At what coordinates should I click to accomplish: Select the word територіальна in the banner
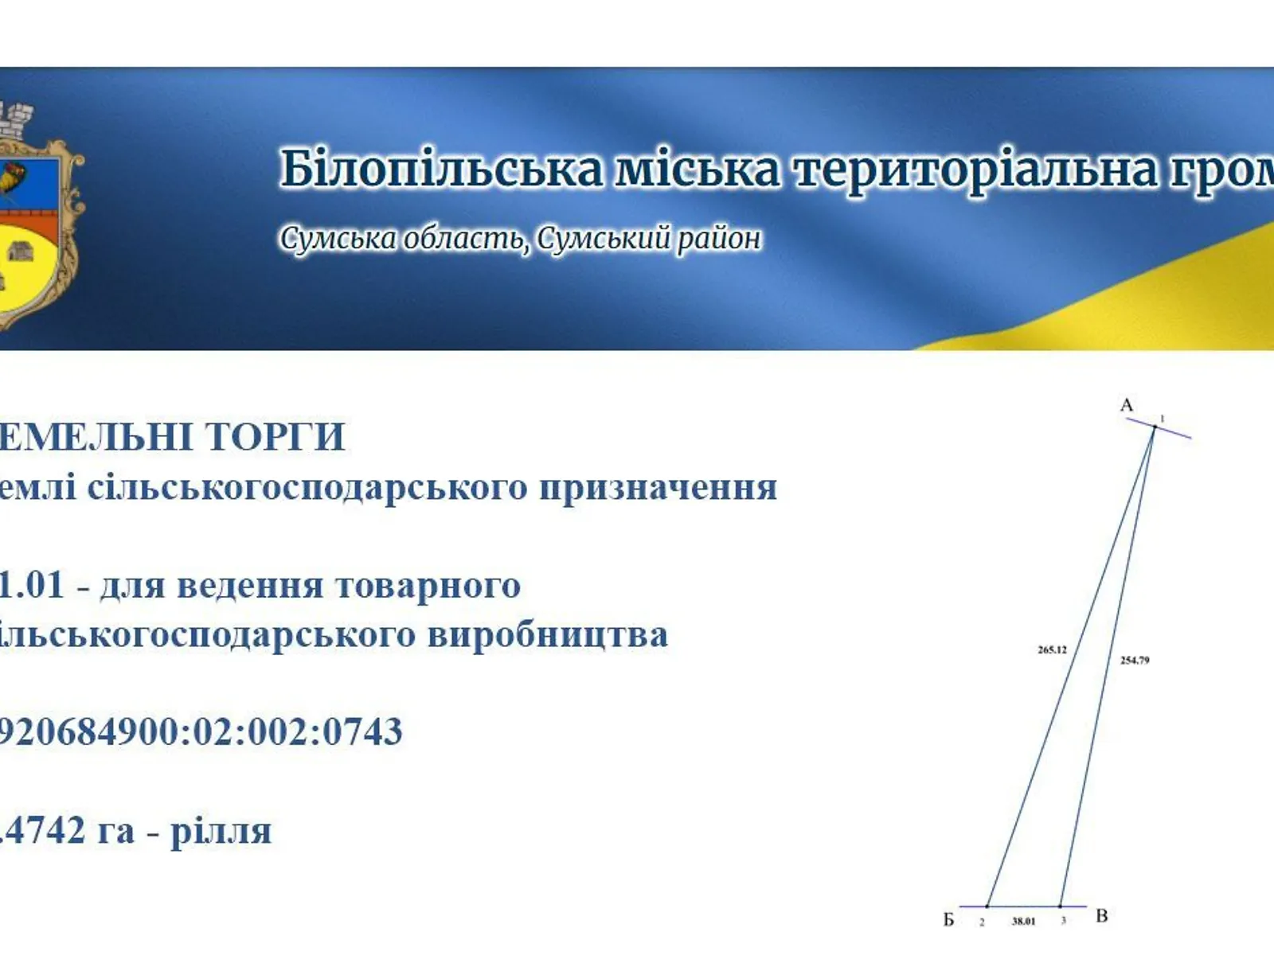coord(975,170)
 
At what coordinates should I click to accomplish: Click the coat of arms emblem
coord(36,219)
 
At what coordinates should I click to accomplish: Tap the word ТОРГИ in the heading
coord(275,437)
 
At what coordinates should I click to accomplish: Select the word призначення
coord(658,487)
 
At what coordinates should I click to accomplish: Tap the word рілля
coord(221,832)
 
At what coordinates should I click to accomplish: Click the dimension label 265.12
coord(1052,650)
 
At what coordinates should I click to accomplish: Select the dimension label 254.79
coord(1135,661)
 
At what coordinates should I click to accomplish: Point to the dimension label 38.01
coord(1023,922)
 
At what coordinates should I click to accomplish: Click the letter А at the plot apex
coord(1126,406)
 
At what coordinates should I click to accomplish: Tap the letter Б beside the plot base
coord(948,920)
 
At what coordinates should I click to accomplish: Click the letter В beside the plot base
coord(1101,916)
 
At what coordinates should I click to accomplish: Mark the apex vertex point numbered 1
coord(1154,427)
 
